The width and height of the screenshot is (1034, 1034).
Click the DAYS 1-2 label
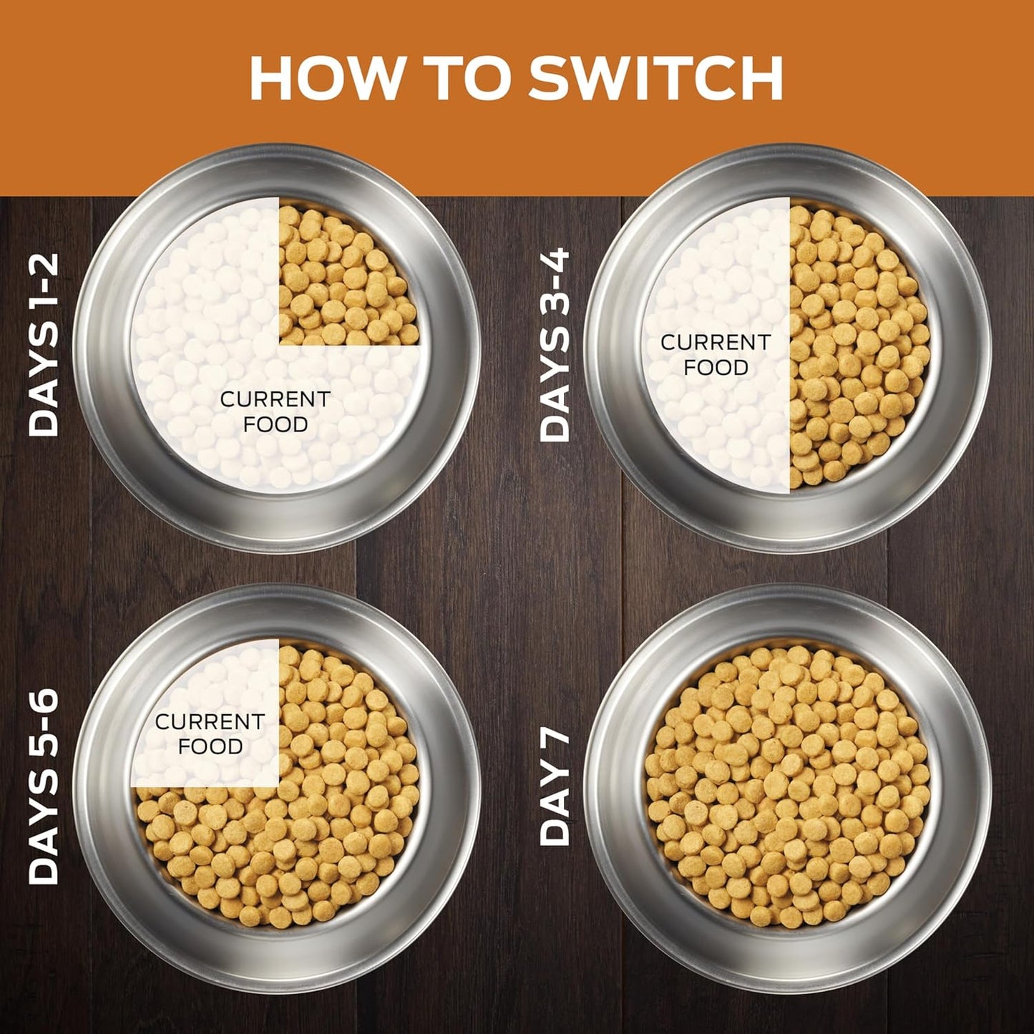[x=43, y=344]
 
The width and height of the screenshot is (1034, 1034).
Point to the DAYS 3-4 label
[x=555, y=344]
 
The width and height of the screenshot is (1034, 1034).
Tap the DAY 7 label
[x=555, y=786]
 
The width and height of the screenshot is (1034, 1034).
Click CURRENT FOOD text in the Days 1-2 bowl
[x=275, y=411]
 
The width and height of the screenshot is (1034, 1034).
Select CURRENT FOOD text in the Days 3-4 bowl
[x=716, y=355]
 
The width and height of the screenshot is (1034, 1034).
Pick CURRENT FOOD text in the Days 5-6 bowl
[x=210, y=734]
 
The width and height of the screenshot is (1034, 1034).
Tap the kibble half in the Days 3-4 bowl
[x=859, y=346]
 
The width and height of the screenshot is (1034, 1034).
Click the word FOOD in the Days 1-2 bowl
[x=275, y=424]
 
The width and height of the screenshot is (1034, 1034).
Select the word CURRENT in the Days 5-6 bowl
[x=210, y=722]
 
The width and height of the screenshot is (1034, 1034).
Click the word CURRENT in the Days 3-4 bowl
[x=716, y=342]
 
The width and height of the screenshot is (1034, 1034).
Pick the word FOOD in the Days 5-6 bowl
[x=210, y=746]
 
